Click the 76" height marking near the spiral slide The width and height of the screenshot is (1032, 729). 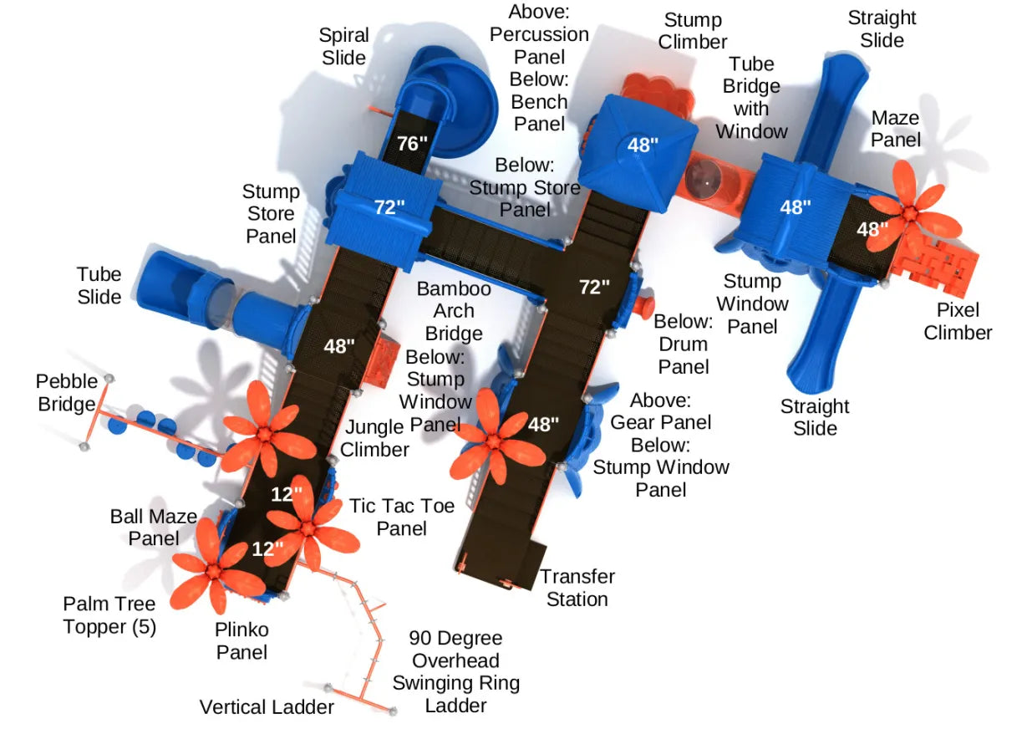(x=412, y=144)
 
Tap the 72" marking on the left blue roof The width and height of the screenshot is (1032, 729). (x=389, y=206)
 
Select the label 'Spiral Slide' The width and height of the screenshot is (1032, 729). (x=343, y=46)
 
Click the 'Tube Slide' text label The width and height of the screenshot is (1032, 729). (x=99, y=285)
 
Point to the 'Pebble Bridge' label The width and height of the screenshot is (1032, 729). (x=66, y=393)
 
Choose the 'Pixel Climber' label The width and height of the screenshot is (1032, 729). (x=957, y=321)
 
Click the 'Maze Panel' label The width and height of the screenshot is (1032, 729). (x=895, y=129)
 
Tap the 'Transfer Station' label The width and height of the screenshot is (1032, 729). (x=577, y=588)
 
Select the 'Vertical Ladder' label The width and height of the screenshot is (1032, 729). (x=267, y=707)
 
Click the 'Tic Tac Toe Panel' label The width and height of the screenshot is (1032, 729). (x=402, y=517)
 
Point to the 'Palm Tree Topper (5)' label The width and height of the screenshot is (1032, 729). (x=109, y=614)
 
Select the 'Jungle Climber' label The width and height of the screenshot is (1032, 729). (x=376, y=438)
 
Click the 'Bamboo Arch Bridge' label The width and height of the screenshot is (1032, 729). (x=454, y=311)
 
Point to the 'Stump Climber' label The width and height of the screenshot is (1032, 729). (x=693, y=30)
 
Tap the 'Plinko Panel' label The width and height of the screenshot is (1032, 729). (x=242, y=640)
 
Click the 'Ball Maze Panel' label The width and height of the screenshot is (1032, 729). (x=154, y=527)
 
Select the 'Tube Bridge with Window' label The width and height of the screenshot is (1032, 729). (x=752, y=97)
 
